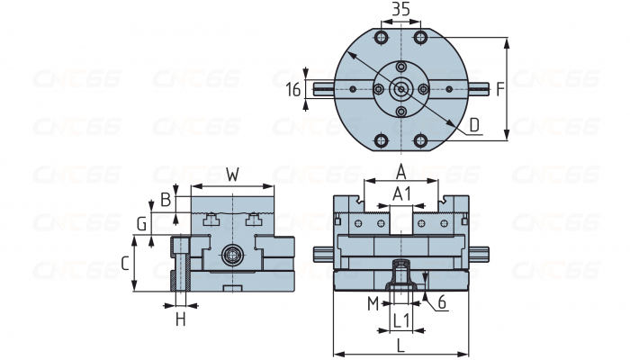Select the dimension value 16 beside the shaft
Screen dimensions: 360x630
[x=292, y=89]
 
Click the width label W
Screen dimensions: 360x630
[x=232, y=175]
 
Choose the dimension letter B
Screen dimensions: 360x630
[x=165, y=199]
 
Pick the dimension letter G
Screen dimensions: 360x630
[x=140, y=222]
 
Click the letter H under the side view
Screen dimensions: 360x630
[x=180, y=319]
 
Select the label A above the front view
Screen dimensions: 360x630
[x=402, y=171]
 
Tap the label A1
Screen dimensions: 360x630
[x=402, y=193]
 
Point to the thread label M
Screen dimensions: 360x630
[x=373, y=303]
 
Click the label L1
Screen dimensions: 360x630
[x=402, y=319]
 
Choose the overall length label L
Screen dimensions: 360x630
[x=400, y=343]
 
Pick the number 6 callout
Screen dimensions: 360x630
[x=443, y=303]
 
